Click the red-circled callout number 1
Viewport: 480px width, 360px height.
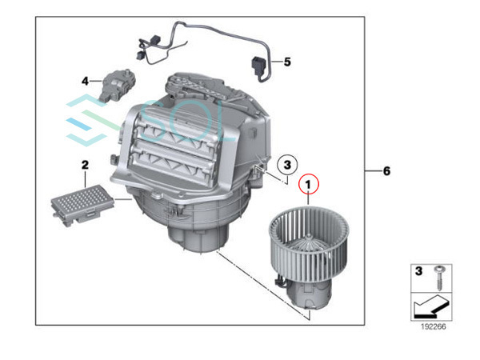pos(307,185)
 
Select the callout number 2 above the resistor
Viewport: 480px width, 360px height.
pos(82,165)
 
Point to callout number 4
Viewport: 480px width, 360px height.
pos(85,81)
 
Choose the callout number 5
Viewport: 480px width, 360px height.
pos(288,61)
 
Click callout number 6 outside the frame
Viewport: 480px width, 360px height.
pos(386,171)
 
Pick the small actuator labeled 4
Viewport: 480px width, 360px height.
pos(115,85)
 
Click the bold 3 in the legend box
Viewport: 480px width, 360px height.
pos(416,273)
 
